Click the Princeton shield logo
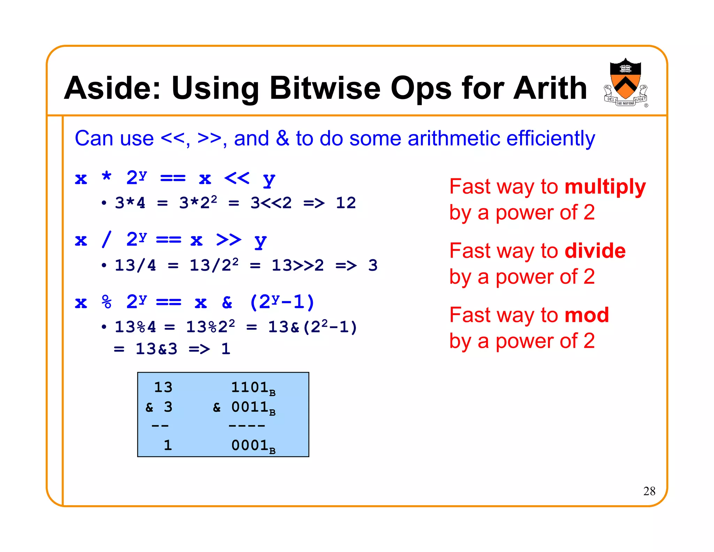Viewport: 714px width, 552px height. (x=625, y=82)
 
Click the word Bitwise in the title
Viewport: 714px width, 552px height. (x=325, y=88)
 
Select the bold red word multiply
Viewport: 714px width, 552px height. (x=605, y=187)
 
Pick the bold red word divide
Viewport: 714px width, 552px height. (x=595, y=251)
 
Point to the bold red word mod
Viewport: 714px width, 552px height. (x=586, y=315)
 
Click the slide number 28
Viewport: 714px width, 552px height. (x=649, y=491)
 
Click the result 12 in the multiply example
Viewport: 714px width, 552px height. (x=345, y=203)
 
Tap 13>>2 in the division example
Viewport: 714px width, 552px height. (x=297, y=266)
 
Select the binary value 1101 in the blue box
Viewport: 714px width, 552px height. (x=250, y=387)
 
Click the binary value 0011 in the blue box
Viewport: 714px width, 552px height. (x=250, y=407)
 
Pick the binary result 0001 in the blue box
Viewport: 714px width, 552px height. (x=250, y=446)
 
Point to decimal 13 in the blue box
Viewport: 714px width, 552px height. (x=163, y=387)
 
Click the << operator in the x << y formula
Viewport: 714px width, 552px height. (x=237, y=178)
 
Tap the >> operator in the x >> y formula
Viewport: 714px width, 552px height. (x=228, y=240)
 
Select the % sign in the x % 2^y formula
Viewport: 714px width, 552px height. (x=106, y=302)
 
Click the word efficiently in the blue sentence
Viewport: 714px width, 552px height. (x=550, y=139)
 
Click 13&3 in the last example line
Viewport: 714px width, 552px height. (x=156, y=349)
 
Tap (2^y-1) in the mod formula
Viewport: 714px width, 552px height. (x=282, y=302)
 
